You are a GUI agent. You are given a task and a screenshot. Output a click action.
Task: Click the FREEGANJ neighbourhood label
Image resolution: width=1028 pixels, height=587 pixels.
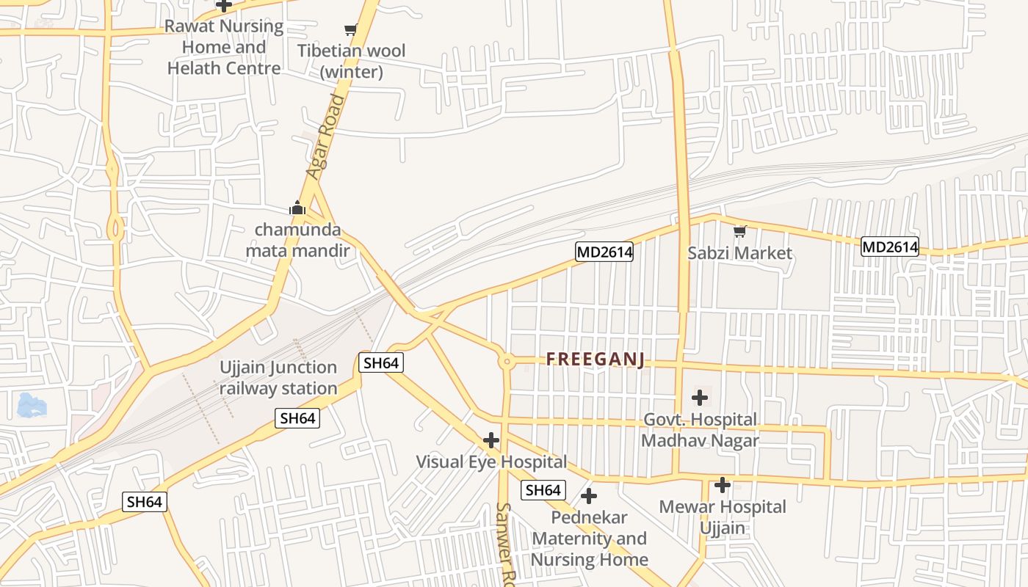[x=596, y=360]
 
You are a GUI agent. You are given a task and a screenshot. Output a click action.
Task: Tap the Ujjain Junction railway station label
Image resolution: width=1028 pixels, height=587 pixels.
[x=278, y=378]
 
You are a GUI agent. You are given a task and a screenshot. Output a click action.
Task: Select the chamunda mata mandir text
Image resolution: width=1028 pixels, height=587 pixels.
[x=297, y=241]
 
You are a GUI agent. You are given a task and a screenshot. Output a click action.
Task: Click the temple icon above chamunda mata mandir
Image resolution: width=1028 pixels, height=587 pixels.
[x=297, y=208]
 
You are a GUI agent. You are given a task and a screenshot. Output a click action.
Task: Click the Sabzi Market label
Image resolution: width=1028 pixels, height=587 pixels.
[x=739, y=253]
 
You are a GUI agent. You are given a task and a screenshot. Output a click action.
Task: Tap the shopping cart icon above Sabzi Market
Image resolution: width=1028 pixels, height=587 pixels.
[x=739, y=232]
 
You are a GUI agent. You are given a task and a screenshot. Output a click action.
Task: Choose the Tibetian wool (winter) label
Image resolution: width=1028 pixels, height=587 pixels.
[x=351, y=62]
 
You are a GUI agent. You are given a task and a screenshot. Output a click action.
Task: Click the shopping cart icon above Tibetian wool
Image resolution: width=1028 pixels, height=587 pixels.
[x=351, y=30]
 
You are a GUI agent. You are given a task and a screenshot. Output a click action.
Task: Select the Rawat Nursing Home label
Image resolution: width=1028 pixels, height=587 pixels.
[x=224, y=48]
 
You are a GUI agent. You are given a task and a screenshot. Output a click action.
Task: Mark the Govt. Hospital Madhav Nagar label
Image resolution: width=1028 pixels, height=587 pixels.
[x=700, y=430]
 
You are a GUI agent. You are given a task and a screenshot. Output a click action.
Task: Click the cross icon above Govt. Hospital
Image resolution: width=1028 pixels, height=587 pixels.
[x=700, y=398]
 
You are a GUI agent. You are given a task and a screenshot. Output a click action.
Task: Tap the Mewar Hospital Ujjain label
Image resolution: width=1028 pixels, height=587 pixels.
[x=723, y=517]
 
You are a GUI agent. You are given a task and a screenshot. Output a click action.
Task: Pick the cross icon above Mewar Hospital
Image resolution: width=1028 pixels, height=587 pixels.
[x=723, y=485]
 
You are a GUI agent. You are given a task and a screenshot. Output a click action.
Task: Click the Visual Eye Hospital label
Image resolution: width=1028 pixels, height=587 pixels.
[x=491, y=462]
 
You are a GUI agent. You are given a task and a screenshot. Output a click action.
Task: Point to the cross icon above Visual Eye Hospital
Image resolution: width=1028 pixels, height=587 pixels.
[x=491, y=440]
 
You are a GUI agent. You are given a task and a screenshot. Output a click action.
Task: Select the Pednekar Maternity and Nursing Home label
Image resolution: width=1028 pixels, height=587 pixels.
[x=590, y=539]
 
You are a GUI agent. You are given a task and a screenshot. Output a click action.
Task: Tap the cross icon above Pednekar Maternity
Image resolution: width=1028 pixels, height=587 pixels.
[x=588, y=495]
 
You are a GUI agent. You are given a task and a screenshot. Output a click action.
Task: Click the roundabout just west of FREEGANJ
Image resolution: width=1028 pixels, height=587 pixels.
[x=506, y=361]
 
